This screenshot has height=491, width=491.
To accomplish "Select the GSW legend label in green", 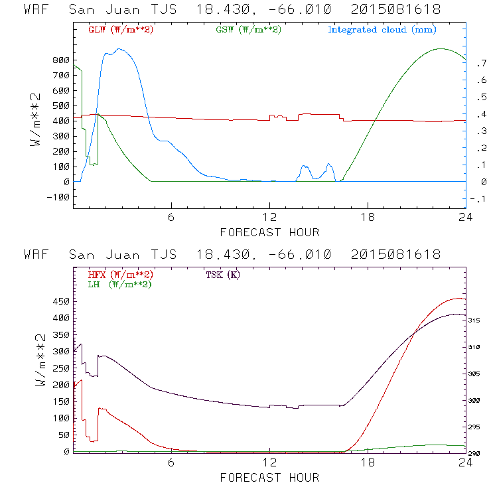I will (248, 30).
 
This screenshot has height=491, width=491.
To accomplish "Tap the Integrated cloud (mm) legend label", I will (382, 30).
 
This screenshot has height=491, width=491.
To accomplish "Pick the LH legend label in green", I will (120, 284).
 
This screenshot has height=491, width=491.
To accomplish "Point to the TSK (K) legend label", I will (223, 274).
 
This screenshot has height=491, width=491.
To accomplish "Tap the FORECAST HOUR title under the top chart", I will (269, 232).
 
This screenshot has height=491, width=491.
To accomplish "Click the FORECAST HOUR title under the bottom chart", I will (269, 478).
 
